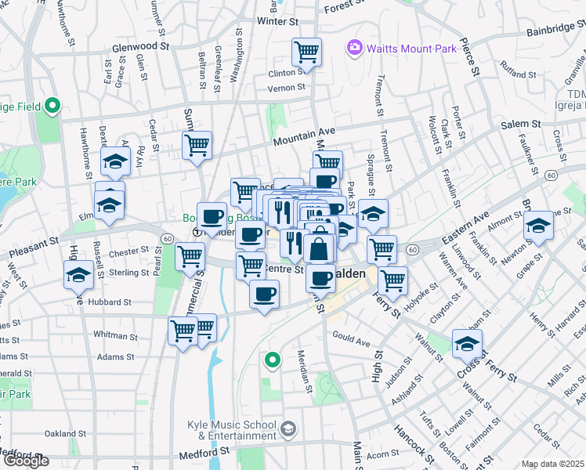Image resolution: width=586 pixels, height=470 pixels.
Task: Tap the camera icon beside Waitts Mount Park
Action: (355, 49)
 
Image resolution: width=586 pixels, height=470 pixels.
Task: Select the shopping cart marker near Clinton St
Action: (306, 53)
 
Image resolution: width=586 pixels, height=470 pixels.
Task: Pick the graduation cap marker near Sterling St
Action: (78, 275)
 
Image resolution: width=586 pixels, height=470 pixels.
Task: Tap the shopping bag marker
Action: (319, 250)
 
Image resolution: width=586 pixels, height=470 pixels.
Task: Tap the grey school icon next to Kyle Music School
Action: (289, 428)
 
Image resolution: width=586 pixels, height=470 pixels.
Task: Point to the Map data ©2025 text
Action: (553, 464)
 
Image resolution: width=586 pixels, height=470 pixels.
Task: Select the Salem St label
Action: (521, 124)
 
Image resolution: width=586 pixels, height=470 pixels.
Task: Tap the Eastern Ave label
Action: (466, 224)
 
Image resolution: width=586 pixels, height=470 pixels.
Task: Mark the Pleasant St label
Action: (34, 247)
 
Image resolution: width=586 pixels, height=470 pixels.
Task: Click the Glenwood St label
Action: (141, 46)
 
